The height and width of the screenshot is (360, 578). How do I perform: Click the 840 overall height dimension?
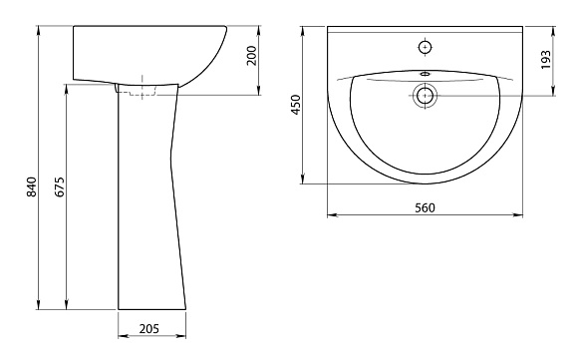32,187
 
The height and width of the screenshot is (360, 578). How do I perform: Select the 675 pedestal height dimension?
60,187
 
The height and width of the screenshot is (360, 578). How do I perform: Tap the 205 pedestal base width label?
149,328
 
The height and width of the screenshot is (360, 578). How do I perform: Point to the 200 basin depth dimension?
251,55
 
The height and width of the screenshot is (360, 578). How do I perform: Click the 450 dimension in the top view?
296,105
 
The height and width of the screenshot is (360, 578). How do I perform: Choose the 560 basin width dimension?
425,208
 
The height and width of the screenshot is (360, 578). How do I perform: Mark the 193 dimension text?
545,60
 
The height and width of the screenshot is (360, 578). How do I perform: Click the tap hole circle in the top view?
426,47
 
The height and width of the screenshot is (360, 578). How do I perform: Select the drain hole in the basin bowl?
425,96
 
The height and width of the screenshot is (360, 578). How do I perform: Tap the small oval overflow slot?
425,74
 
